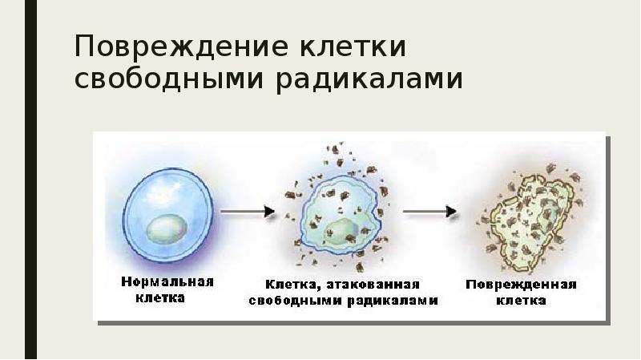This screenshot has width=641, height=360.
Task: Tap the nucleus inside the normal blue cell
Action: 169,229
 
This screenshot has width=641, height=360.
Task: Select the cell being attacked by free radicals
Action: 337,213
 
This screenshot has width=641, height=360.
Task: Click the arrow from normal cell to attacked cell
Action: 247,212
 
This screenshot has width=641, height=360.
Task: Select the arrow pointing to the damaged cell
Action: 429,212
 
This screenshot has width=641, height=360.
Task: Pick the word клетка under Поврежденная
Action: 521,301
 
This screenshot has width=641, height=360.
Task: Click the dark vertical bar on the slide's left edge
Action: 30,180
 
